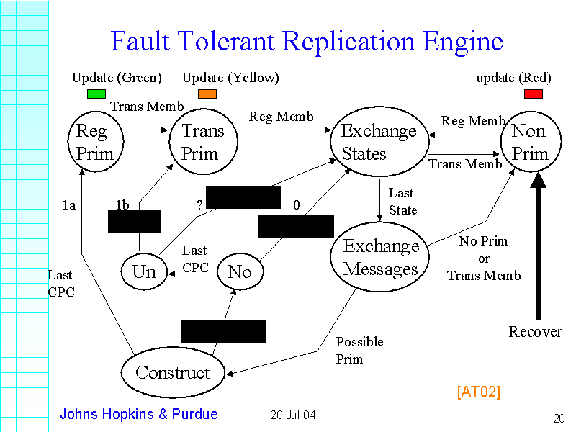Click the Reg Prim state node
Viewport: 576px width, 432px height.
(95, 142)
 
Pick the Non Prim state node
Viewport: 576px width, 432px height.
(530, 142)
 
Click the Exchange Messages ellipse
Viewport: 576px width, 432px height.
(381, 257)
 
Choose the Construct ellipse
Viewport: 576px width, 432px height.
(173, 372)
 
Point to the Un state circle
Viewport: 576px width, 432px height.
(144, 271)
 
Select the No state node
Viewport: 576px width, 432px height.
(240, 271)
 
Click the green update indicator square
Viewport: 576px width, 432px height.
(96, 94)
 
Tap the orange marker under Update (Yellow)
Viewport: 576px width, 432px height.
(207, 94)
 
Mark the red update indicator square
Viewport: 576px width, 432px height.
(534, 94)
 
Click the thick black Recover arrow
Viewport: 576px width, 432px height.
(538, 245)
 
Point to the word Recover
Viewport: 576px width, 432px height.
(536, 332)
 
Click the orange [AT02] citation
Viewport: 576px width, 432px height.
(478, 392)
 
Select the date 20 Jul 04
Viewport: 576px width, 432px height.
(293, 415)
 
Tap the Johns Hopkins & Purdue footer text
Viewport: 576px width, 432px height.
(139, 414)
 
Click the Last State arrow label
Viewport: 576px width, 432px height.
(402, 201)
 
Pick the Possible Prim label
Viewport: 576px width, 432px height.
(359, 350)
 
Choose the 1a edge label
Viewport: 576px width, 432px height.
(69, 205)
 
